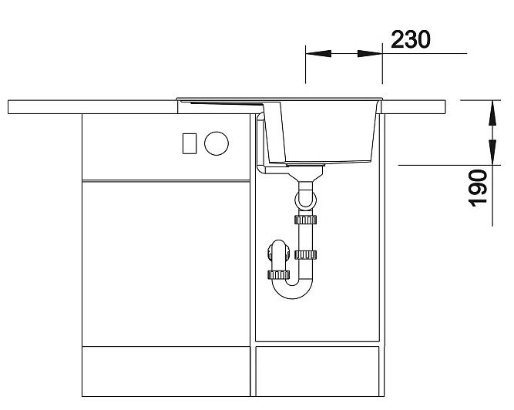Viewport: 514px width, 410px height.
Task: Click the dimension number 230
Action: pos(411,39)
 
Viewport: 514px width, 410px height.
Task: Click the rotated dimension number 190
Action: pos(479,188)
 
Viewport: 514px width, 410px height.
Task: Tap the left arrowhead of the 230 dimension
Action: pos(318,53)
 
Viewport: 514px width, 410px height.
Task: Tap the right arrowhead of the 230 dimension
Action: pos(370,53)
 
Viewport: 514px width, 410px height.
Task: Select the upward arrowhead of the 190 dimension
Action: pos(492,113)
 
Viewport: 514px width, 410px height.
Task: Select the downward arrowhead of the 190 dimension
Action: pos(492,152)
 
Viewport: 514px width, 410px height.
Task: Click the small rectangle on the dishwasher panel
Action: pos(190,143)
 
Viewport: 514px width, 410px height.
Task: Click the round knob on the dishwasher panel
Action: pos(217,143)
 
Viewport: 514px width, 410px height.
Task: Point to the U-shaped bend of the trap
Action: pos(292,289)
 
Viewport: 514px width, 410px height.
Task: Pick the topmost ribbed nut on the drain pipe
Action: pos(305,219)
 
